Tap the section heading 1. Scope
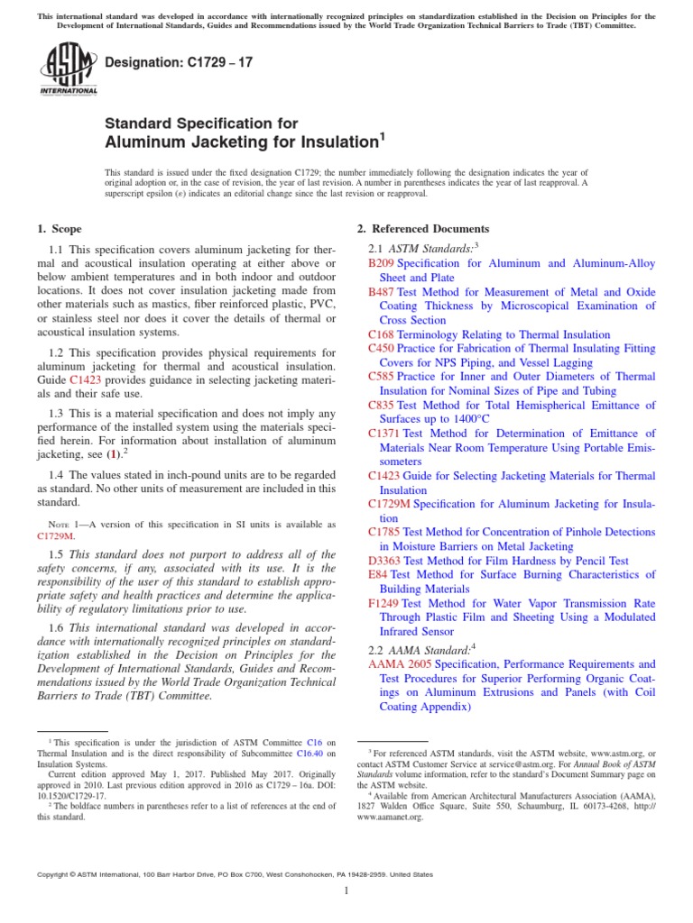60,229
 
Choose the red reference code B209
382,263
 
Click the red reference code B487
382,292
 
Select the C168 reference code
381,334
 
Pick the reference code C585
381,377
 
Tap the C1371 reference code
384,434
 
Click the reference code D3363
385,561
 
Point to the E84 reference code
378,575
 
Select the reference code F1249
383,603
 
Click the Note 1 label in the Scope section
61,525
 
